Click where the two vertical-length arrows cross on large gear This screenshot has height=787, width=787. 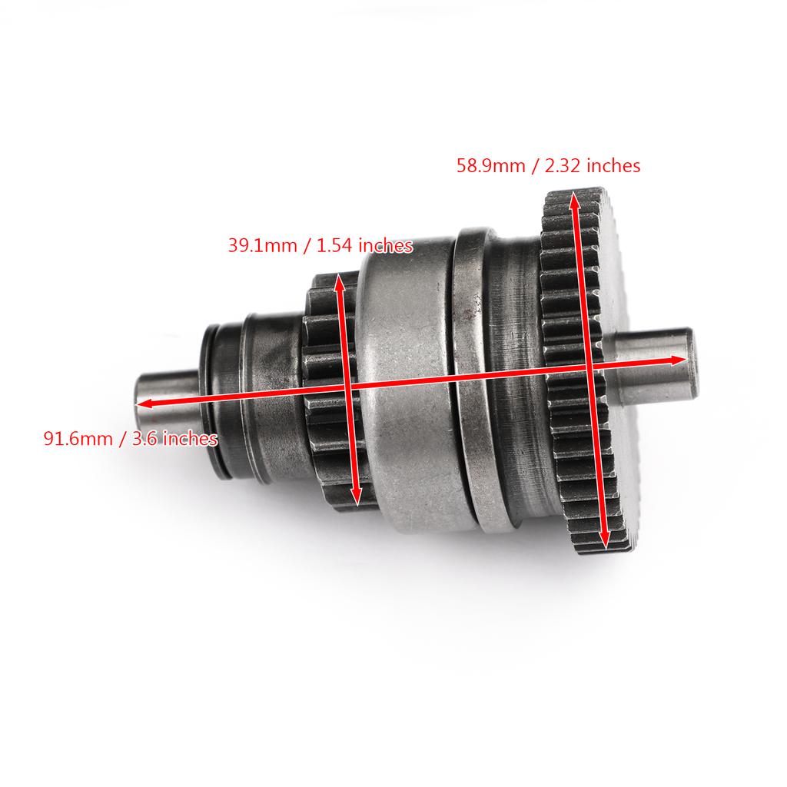tap(589, 367)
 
